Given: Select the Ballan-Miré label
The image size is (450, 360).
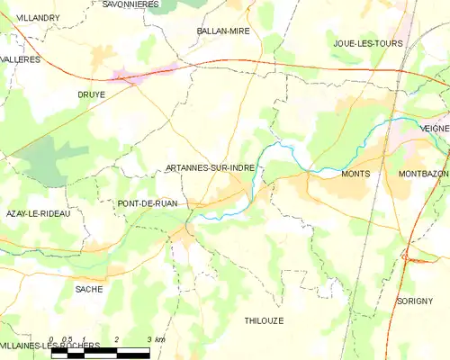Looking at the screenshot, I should point(223,31).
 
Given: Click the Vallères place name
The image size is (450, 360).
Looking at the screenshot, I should point(22,58).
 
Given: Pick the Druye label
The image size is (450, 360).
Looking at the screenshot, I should point(91,93).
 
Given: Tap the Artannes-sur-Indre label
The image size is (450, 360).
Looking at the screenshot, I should point(212,167).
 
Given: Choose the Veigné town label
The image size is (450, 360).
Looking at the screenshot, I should point(434,129).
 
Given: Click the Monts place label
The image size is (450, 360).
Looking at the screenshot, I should point(356,174).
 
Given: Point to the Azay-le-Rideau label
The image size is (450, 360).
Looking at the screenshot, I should point(38,213).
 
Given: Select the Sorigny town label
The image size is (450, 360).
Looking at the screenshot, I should point(414,301).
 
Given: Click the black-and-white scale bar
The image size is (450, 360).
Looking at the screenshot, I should point(101,354).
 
